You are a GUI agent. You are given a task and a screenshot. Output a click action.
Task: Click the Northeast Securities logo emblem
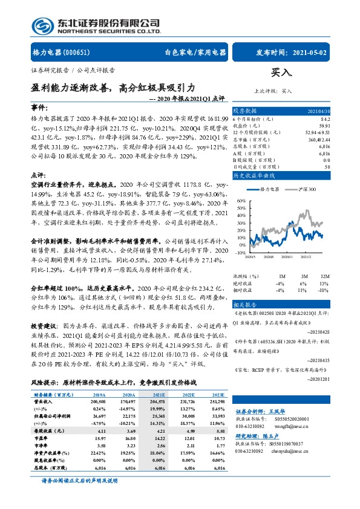[x=41, y=25]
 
